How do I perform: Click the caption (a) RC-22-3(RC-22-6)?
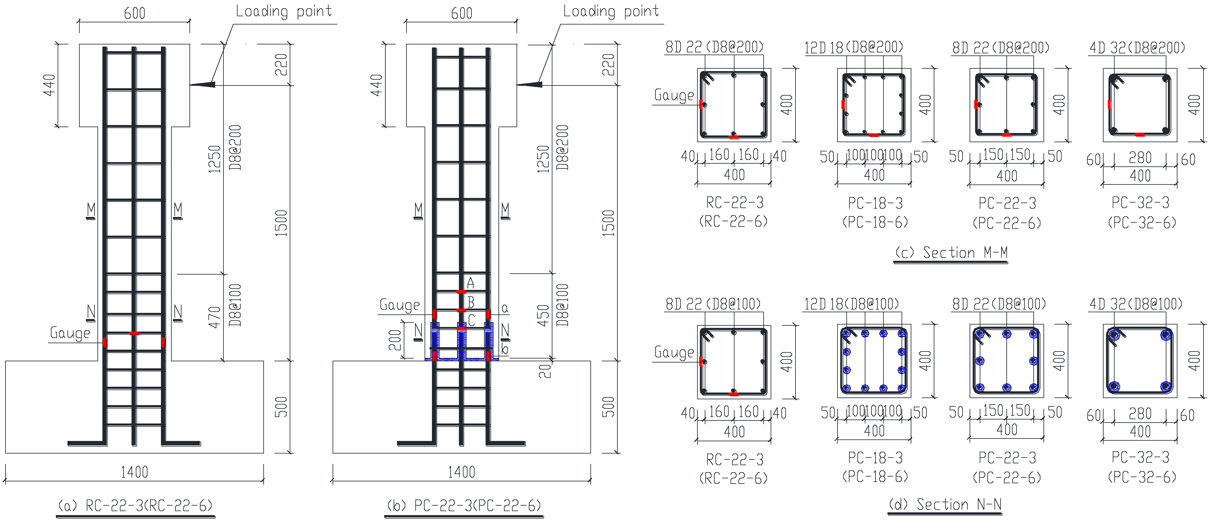(135, 506)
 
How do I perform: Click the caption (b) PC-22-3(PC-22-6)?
(464, 506)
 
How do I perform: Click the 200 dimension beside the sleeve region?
(395, 340)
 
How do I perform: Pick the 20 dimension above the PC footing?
(544, 371)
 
